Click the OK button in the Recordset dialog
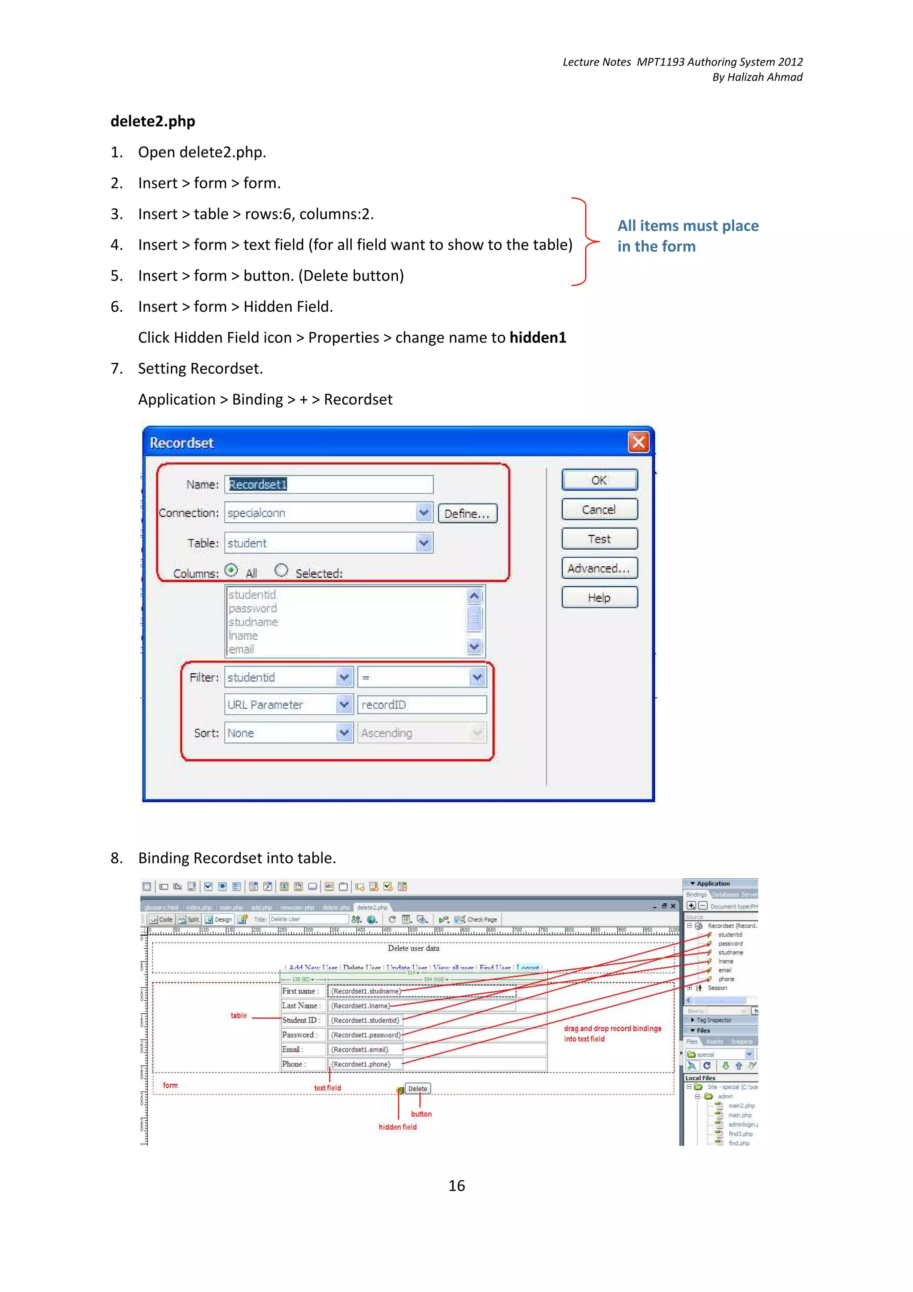pos(599,480)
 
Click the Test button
pos(599,539)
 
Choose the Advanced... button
pos(599,568)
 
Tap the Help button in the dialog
pos(599,597)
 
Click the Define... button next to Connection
pos(467,513)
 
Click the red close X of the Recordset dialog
pos(638,442)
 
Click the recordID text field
pos(421,704)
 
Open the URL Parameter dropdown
pos(344,704)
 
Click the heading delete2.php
pos(152,121)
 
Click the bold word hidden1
pos(537,337)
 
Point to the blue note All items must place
pos(687,226)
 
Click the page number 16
pos(456,1185)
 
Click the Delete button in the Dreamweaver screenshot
pos(417,1089)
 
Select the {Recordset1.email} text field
pos(360,1049)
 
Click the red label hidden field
pos(397,1127)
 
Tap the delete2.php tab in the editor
pos(372,907)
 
